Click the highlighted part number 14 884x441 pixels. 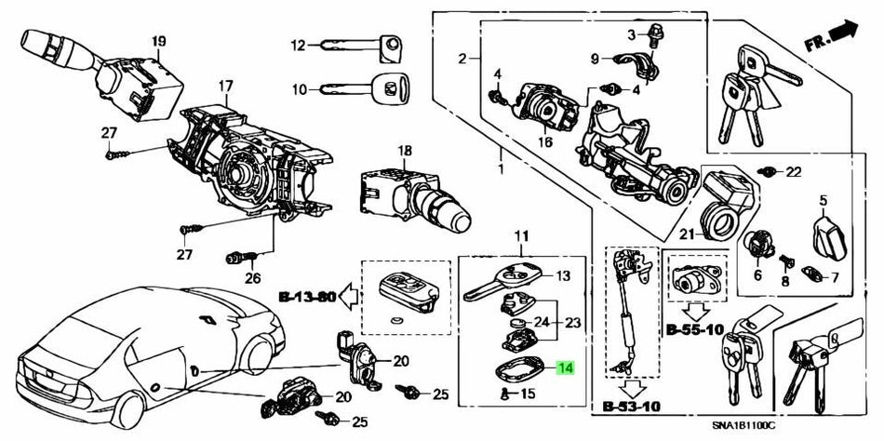565,368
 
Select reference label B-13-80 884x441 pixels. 306,298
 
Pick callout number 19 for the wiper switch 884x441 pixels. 158,41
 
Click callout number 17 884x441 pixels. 224,87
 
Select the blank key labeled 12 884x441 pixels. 359,45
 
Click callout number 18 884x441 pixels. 403,151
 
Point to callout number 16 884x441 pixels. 544,141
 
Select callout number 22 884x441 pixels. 793,172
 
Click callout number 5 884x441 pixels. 823,199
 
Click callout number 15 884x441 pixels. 527,394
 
